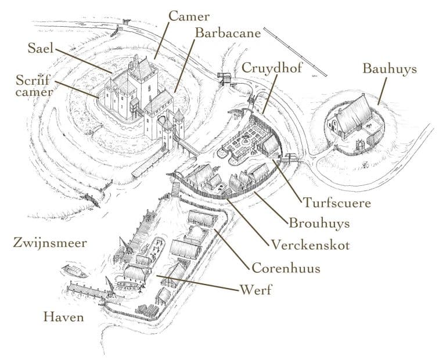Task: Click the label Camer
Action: click(x=188, y=16)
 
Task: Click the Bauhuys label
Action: click(x=390, y=69)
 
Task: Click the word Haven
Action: click(x=64, y=317)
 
